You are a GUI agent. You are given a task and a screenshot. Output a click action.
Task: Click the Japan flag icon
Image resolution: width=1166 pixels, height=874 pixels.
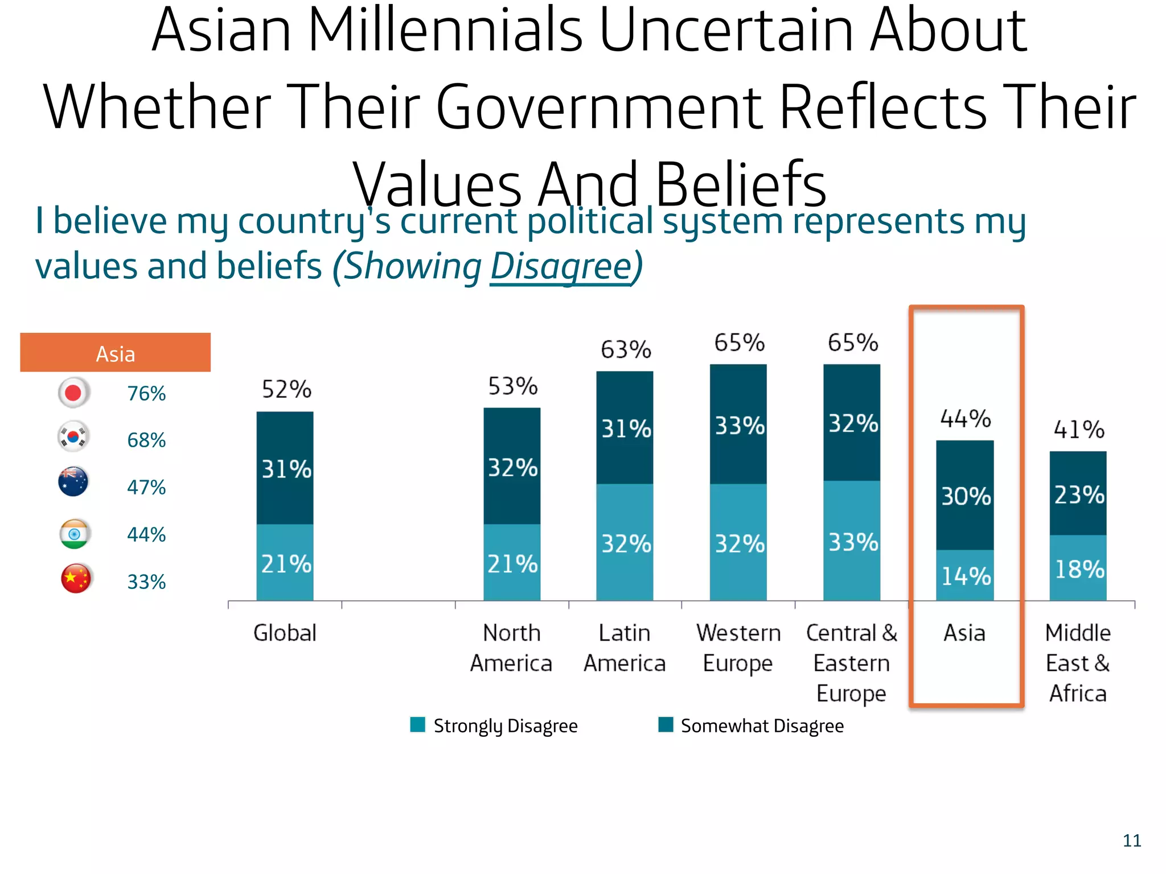point(73,393)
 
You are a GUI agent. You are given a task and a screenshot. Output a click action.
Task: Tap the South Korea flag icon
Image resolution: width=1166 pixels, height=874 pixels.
point(73,437)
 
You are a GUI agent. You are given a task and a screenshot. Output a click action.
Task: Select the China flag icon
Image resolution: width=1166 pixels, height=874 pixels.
point(76,579)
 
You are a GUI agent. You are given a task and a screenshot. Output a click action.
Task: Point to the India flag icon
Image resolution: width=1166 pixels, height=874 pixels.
point(74,534)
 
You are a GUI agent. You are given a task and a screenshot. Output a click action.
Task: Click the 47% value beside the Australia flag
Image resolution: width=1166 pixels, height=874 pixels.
point(146,488)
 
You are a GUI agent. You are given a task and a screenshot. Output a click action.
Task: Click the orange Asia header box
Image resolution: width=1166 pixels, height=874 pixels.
point(115,353)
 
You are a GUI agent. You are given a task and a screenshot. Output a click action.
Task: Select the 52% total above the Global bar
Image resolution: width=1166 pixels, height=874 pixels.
point(286,390)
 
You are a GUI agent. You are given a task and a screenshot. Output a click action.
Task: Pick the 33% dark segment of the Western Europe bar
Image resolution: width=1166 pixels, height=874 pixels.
point(739,426)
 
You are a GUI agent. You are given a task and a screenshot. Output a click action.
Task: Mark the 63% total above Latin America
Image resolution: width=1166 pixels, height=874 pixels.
point(625,349)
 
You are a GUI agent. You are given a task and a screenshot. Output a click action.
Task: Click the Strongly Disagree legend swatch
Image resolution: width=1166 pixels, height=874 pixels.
point(417,724)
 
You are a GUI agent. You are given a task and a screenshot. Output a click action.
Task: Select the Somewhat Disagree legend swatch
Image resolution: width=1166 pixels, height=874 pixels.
point(666,724)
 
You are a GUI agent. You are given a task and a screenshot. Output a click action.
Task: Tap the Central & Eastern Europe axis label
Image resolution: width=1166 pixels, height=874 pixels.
point(851,663)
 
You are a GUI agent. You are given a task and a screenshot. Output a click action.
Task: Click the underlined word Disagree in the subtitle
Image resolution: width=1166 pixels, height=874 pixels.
point(561,266)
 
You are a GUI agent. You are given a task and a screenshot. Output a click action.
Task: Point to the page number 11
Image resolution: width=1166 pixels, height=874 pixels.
point(1131,840)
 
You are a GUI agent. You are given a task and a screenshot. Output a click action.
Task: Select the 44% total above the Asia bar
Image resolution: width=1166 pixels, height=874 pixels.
point(965,419)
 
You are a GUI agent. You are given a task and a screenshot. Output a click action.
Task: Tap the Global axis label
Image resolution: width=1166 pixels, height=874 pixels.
point(285,633)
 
